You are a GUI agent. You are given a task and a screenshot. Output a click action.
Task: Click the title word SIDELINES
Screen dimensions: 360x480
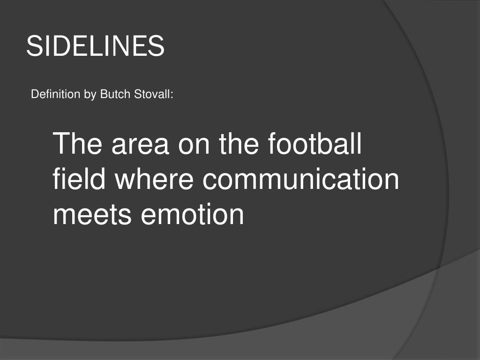95,46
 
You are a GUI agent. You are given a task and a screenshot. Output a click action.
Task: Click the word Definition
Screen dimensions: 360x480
55,95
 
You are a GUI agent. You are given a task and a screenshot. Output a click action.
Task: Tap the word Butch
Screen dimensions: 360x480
111,95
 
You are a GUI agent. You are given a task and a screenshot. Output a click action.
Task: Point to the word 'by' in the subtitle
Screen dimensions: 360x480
90,95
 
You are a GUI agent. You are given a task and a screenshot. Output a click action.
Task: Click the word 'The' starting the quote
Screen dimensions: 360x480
78,144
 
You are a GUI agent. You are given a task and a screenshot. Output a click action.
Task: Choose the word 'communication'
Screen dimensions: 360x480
300,180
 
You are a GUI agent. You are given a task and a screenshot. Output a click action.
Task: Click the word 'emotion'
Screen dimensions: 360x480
193,215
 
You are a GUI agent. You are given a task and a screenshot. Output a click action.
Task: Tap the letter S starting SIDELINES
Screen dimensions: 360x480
33,46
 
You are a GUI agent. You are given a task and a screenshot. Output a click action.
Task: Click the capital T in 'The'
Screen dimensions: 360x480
61,144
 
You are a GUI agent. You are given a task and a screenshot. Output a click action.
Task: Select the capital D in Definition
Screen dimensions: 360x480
34,95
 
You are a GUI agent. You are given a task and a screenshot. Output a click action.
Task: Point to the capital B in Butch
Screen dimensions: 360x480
103,95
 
